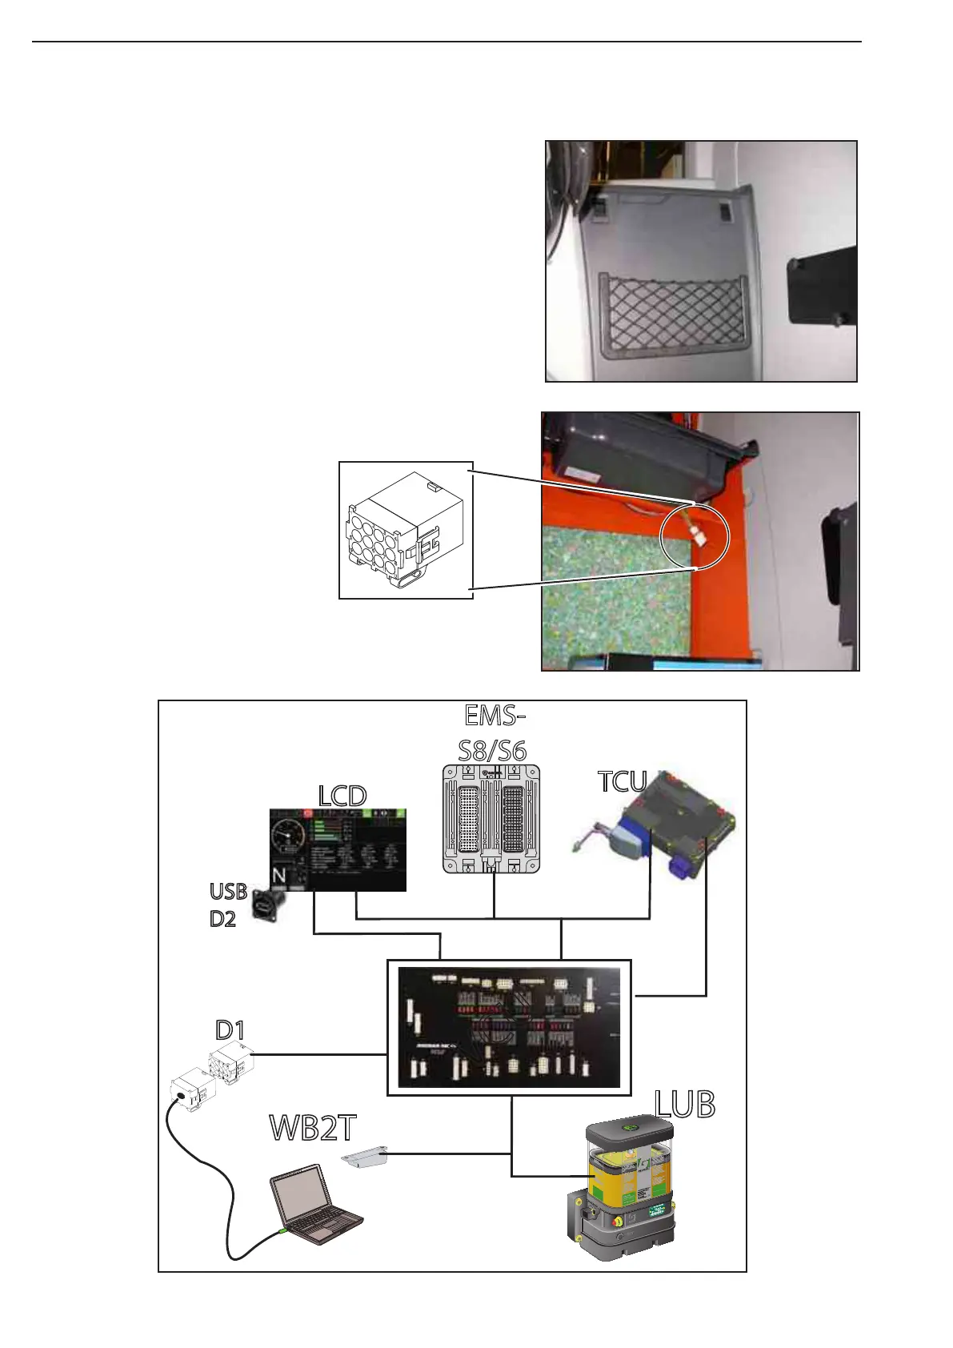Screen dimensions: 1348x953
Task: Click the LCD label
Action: click(342, 796)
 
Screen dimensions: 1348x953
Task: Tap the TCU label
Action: click(622, 782)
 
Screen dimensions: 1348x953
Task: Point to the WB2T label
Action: click(312, 1128)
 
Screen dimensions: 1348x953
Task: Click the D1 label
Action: click(230, 1029)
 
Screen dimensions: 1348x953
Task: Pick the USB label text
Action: click(228, 892)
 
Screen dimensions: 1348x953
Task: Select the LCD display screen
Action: click(338, 849)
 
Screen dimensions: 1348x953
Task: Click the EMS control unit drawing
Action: click(491, 818)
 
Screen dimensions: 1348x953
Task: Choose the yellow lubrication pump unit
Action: click(627, 1184)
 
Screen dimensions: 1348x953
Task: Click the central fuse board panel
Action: click(509, 1028)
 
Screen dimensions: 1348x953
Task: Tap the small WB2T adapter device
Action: click(365, 1157)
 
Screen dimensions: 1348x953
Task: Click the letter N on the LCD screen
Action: click(278, 876)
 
